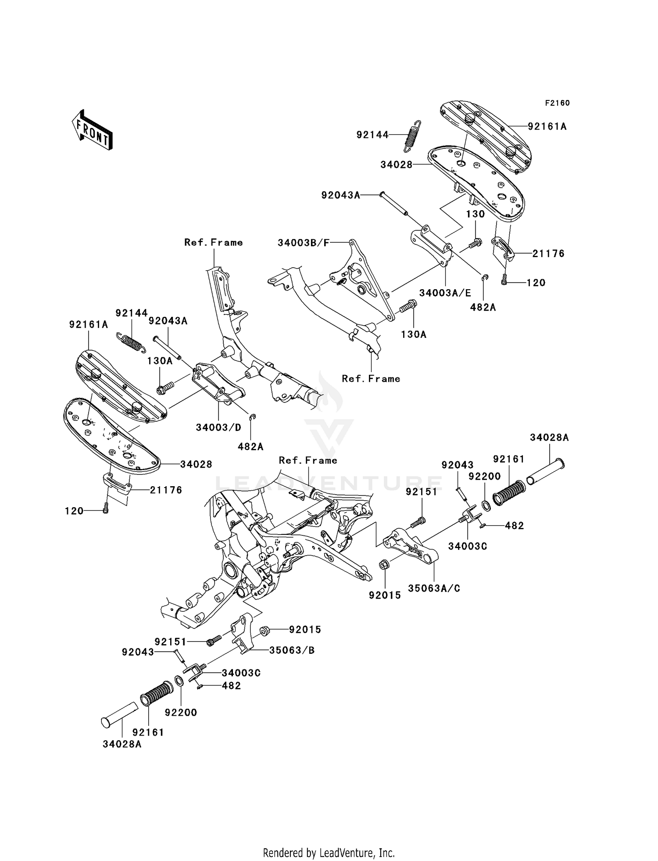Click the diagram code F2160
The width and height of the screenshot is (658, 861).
pos(557,103)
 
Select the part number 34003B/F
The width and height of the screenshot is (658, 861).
pos(303,243)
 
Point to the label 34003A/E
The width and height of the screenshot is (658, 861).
pos(445,293)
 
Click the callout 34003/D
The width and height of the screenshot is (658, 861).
pos(218,427)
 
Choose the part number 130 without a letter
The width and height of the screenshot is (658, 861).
pos(475,214)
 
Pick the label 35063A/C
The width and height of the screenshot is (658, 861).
pos(434,588)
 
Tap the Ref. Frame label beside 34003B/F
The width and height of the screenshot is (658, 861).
pos(213,242)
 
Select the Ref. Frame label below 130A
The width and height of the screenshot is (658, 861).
pos(371,378)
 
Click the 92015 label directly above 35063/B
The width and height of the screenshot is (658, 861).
pos(305,630)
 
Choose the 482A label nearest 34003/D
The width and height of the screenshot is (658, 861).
pos(250,447)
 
